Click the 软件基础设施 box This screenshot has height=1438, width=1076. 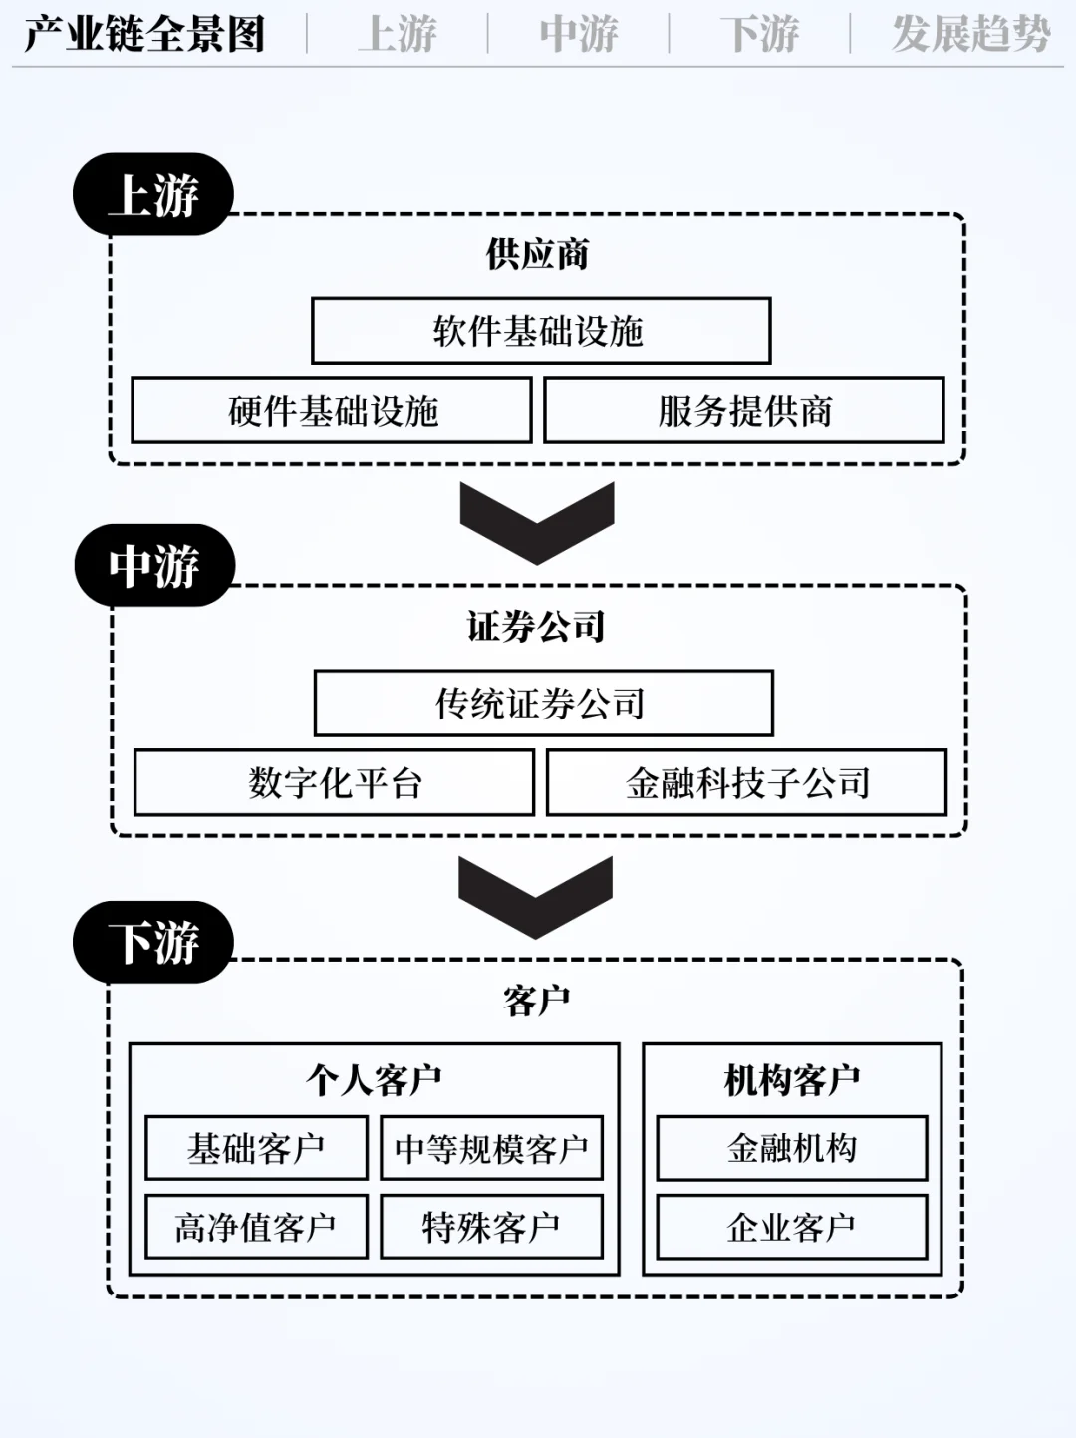click(541, 331)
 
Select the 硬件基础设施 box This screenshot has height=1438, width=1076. click(332, 410)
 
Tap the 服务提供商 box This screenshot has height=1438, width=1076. click(744, 410)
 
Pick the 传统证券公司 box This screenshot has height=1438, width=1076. click(543, 704)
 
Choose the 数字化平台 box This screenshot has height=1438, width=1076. click(334, 783)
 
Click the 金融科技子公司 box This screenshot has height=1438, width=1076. click(746, 783)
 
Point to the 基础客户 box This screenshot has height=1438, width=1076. click(256, 1148)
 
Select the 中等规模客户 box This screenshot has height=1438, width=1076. click(491, 1148)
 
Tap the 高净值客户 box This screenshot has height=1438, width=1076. click(256, 1227)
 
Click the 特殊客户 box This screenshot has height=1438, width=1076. click(491, 1227)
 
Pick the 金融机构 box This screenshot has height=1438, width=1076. click(792, 1148)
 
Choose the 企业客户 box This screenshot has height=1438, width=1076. click(792, 1227)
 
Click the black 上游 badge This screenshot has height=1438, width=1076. click(153, 194)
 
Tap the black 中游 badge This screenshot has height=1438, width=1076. click(154, 565)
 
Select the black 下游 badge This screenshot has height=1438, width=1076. click(153, 942)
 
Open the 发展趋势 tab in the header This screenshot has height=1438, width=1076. click(970, 34)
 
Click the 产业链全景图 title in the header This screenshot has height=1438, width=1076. click(145, 34)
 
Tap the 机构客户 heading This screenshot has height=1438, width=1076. click(792, 1079)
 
